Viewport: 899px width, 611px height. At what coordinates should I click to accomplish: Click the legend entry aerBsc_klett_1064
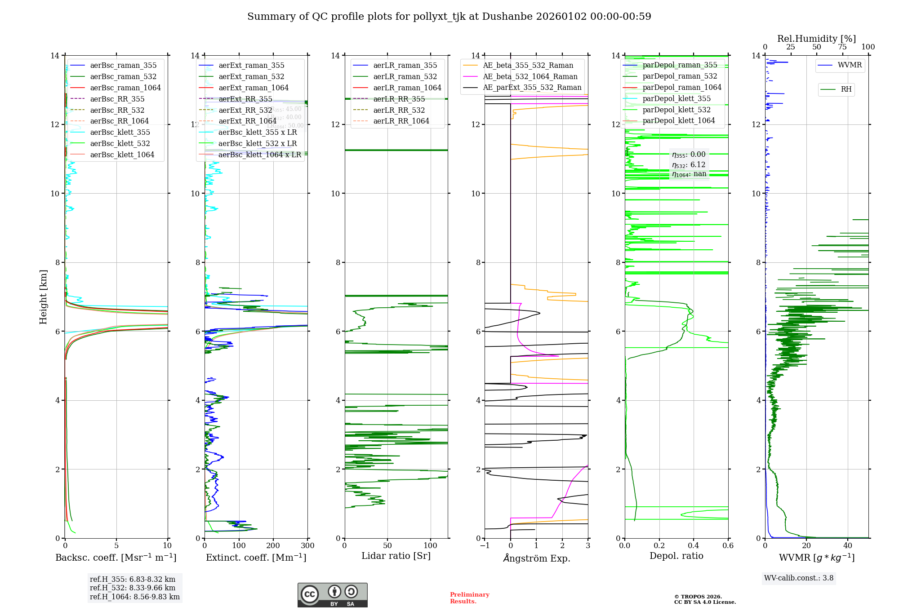pos(122,155)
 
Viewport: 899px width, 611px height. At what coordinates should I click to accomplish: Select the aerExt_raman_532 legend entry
pos(251,77)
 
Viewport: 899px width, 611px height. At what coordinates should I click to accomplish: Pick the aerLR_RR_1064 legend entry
pos(401,121)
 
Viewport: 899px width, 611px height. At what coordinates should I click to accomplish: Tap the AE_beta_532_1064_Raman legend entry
pos(530,77)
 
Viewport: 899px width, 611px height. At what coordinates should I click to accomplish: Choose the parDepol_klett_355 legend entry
pos(676,98)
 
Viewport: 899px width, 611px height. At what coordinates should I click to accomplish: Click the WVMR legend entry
pos(850,65)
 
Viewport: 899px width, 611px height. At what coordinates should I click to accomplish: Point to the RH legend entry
pos(846,89)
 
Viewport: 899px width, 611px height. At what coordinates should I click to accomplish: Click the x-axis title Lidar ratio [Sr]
pos(396,556)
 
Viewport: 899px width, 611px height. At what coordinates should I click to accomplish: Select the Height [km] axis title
pos(43,297)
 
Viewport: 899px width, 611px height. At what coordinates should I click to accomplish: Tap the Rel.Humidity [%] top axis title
pos(816,39)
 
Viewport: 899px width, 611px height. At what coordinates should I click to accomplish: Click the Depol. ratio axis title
pos(676,556)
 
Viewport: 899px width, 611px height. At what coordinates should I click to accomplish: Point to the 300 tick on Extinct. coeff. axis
pos(308,546)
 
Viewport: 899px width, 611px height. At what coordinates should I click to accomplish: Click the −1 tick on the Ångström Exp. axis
pos(485,546)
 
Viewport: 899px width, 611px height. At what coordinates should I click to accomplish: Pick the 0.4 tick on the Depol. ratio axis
pos(694,546)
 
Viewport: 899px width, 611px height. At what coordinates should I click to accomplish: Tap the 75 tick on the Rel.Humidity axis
pos(842,47)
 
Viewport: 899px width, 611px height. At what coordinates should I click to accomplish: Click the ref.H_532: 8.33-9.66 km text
pos(133,588)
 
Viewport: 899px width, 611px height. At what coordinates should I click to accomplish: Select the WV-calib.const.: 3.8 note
pos(799,578)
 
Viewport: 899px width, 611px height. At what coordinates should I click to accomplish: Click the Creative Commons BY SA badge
pos(332,595)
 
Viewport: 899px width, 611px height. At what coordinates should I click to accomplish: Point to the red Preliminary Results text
pos(469,598)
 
